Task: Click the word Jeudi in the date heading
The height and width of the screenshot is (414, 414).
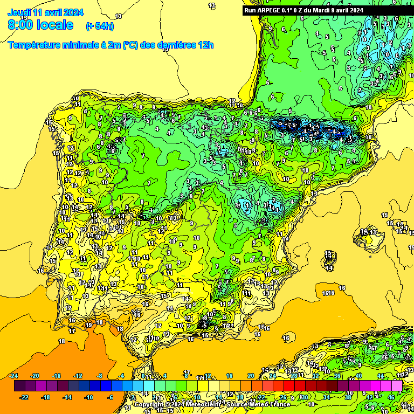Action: [18, 12]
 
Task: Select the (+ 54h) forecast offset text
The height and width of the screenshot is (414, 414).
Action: [100, 26]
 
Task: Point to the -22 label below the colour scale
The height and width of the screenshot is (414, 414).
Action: [24, 398]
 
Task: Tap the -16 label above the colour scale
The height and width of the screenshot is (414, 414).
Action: [56, 376]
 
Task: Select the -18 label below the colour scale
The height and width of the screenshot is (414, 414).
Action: [45, 398]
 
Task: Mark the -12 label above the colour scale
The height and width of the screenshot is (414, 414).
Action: [78, 376]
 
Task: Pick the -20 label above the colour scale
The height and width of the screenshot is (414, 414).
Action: [34, 376]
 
